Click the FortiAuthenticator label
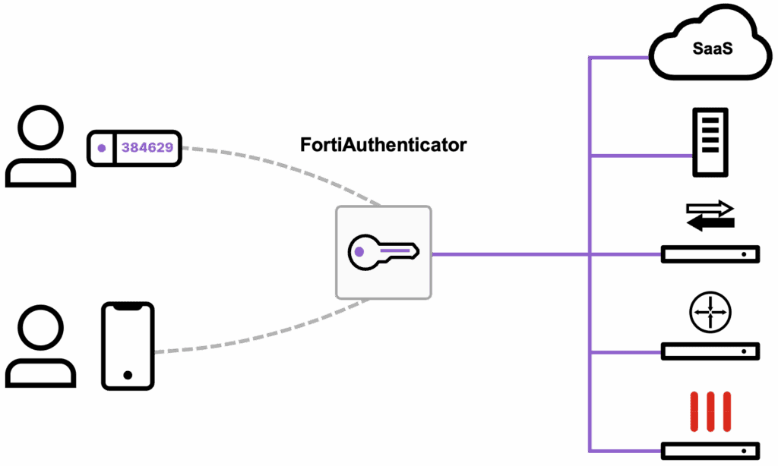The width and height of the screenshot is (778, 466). [383, 145]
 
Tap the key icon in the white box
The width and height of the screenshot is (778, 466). [383, 252]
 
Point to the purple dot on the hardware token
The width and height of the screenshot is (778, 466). [101, 148]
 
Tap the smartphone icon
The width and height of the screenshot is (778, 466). [128, 346]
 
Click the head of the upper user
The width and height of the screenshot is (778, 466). [40, 128]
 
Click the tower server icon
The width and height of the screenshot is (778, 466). [710, 142]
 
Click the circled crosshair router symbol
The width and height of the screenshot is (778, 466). [710, 311]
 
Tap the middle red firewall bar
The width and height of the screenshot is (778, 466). [710, 411]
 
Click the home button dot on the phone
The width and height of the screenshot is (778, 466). [128, 375]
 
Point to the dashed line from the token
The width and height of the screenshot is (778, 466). [289, 162]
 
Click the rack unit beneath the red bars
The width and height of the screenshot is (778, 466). [710, 450]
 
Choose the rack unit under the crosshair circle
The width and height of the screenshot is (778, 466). [710, 351]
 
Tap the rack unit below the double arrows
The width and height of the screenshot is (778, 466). [710, 254]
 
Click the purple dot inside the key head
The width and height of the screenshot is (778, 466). [359, 250]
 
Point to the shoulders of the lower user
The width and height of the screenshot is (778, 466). [40, 373]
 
